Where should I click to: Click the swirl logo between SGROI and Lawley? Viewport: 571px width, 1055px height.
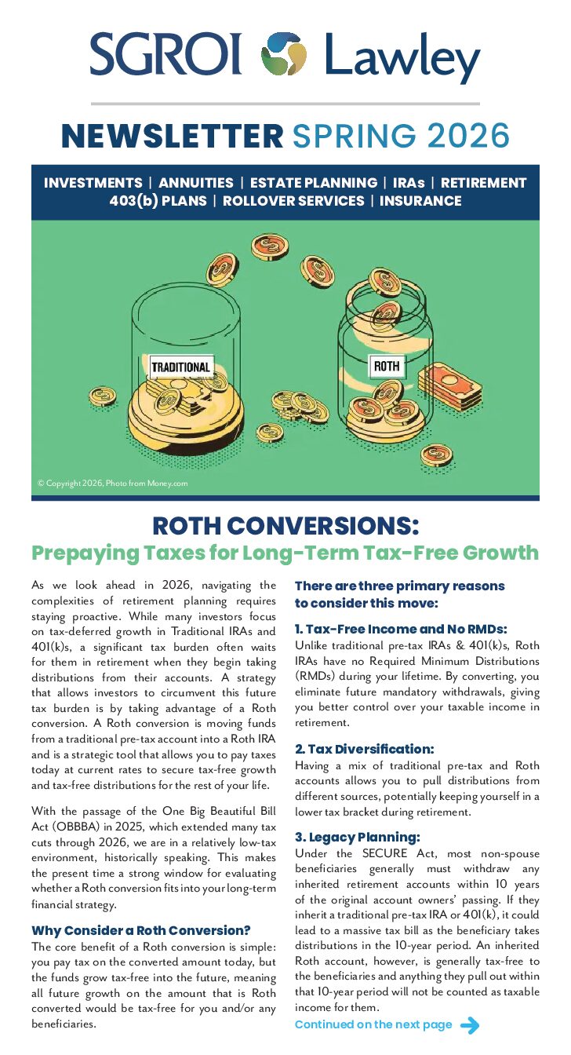coord(284,54)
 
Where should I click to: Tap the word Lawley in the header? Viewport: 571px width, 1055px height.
coord(402,57)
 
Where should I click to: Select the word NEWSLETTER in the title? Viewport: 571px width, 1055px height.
coord(173,136)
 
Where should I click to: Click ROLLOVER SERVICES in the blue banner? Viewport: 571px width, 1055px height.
coord(293,201)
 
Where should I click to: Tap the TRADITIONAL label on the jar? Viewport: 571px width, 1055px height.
coord(180,367)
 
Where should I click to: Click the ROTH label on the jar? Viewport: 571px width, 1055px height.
coord(386,366)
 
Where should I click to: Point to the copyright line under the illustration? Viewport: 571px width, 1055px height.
coord(113,484)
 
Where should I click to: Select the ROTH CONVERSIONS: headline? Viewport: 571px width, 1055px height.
coord(285,524)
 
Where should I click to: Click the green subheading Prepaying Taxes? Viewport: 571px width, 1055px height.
coord(285,553)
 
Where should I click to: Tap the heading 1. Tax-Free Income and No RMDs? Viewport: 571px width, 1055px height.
coord(401,629)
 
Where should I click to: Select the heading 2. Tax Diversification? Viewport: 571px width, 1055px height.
coord(364,749)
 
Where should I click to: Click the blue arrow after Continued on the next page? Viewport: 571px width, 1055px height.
coord(469,1025)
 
